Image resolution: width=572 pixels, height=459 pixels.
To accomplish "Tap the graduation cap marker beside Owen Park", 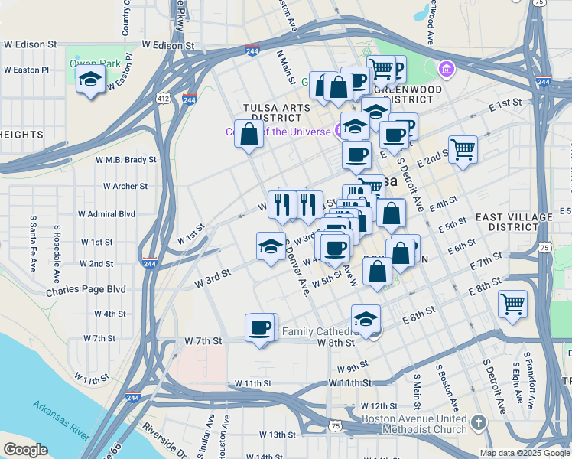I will (x=91, y=80).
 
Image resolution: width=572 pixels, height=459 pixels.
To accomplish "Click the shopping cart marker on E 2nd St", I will (x=463, y=149).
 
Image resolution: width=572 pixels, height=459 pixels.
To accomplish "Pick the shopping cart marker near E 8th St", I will (x=512, y=304).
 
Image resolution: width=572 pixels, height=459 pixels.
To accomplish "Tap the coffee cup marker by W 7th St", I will (x=260, y=328).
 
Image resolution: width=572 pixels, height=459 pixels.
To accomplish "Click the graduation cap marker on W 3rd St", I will (x=271, y=246).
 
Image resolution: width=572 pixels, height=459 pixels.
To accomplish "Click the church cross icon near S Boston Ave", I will (x=479, y=422).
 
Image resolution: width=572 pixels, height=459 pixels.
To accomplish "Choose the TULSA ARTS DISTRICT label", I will (x=272, y=112).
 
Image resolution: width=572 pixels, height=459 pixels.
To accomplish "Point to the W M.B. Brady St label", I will (x=125, y=160).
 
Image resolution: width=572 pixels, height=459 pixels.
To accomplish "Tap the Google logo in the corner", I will (x=25, y=450).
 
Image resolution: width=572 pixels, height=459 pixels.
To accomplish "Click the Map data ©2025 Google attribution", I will (x=525, y=453).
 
